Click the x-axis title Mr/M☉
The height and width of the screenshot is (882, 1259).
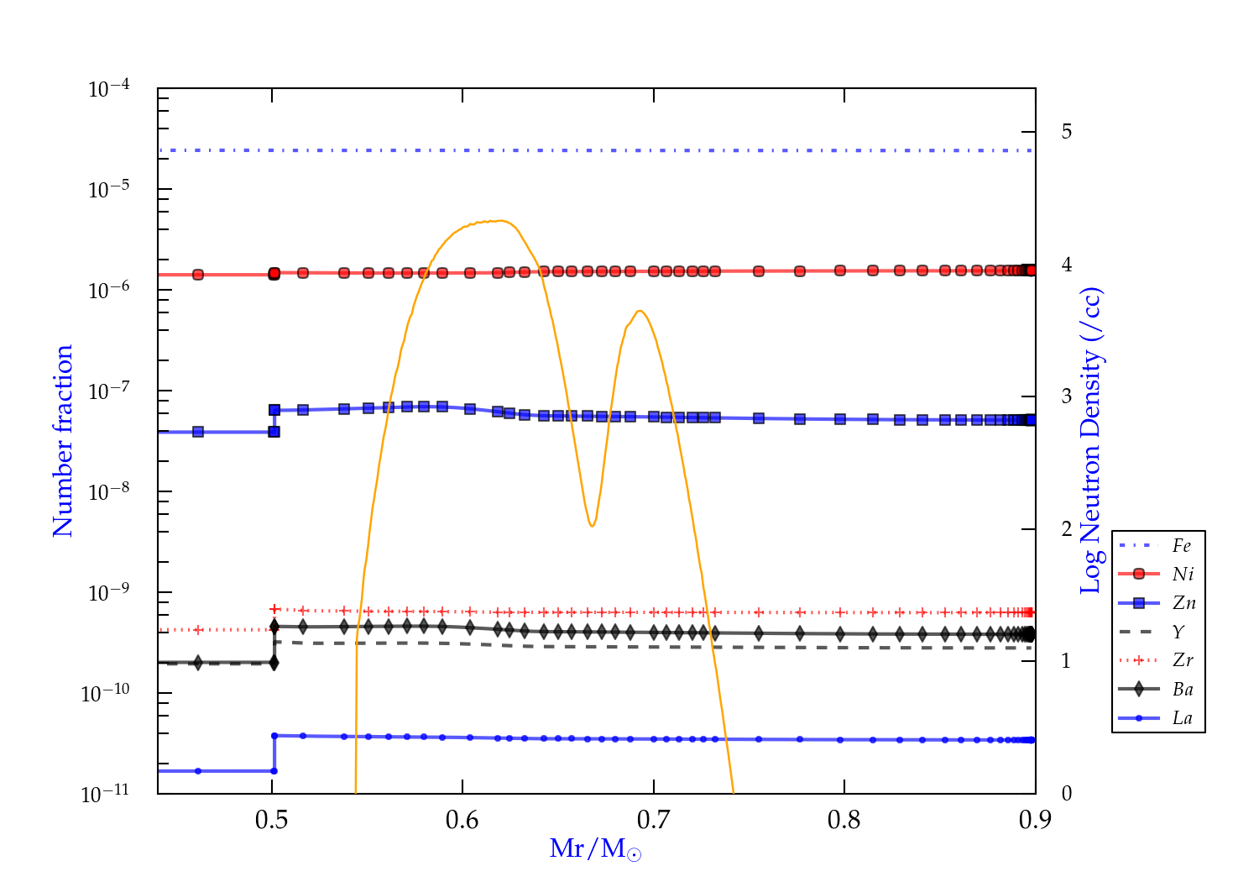click(x=595, y=849)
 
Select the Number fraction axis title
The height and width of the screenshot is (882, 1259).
click(x=63, y=441)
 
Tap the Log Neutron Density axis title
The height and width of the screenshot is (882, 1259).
click(x=1090, y=441)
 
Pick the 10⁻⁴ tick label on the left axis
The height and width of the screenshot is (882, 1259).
click(x=109, y=88)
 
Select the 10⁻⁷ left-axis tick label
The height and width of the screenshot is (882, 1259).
click(x=109, y=391)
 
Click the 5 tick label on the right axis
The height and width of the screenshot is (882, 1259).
click(x=1066, y=132)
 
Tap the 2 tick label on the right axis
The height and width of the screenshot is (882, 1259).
click(x=1066, y=528)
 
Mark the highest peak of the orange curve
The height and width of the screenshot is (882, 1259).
click(x=501, y=221)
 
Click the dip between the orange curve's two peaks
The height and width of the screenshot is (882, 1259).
click(x=593, y=526)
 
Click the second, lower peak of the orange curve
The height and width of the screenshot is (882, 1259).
click(x=640, y=311)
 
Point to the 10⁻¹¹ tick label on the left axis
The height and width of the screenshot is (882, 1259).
click(x=106, y=793)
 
